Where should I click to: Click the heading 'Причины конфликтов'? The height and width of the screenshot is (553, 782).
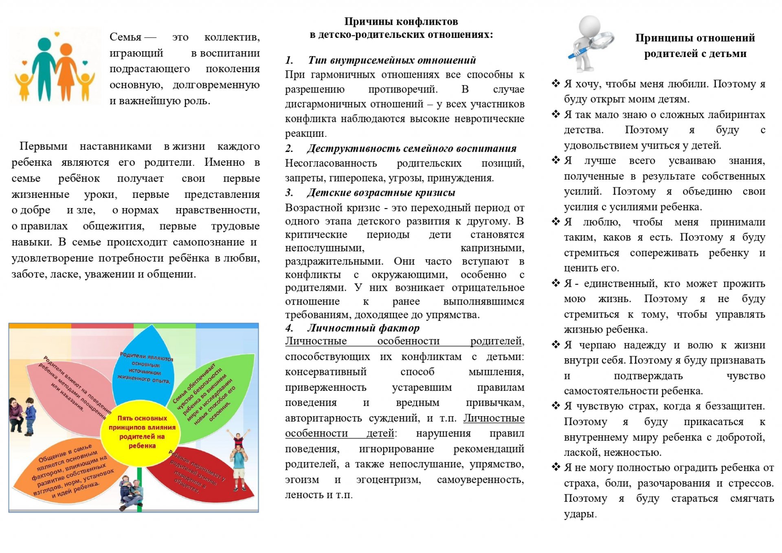click(401, 22)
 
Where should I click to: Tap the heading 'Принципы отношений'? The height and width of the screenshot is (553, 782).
click(695, 38)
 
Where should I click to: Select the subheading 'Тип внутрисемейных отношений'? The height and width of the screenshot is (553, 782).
click(392, 60)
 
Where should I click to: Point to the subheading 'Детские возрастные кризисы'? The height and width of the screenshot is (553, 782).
click(381, 193)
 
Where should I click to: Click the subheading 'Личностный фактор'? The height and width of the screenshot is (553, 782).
click(363, 328)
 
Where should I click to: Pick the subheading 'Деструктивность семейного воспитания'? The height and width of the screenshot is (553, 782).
click(411, 149)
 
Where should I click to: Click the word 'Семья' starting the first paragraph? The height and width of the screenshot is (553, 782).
click(125, 37)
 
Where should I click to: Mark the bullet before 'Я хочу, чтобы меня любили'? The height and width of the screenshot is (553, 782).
click(556, 84)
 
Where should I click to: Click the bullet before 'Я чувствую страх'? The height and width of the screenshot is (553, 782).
click(556, 406)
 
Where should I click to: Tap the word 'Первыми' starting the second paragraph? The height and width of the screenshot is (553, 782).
click(43, 146)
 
